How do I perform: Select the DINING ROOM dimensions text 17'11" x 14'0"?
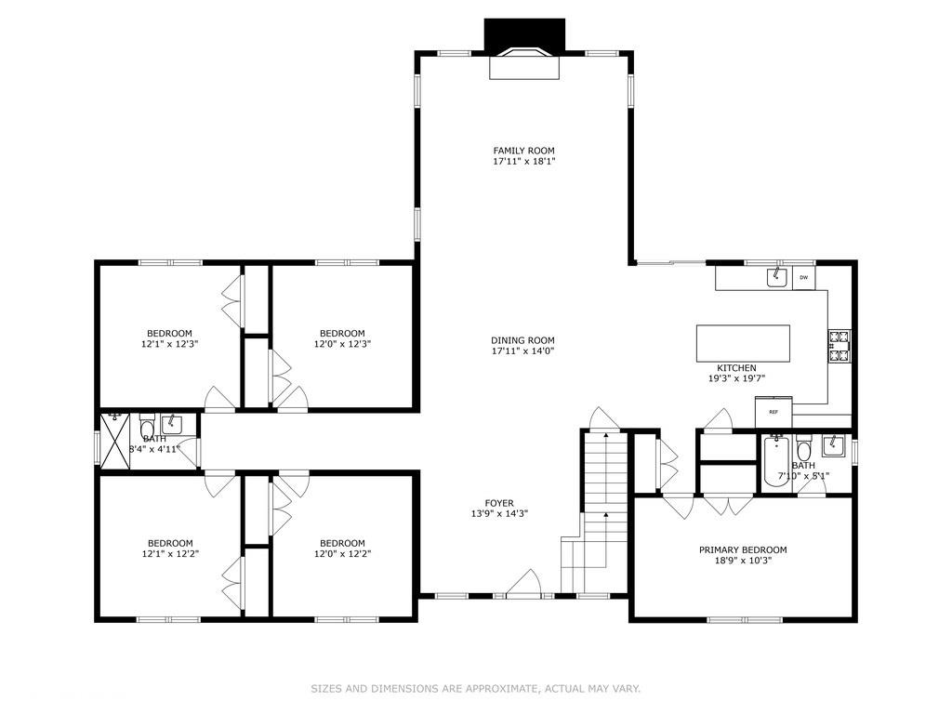pos(522,351)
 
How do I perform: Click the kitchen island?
pos(743,343)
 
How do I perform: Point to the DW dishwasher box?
pos(803,277)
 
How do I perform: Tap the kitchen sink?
pos(774,277)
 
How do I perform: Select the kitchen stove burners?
pos(840,346)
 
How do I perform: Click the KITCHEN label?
pos(735,368)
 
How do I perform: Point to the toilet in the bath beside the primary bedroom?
pos(804,449)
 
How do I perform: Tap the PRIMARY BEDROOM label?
pos(743,549)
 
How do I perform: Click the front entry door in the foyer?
pos(525,587)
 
